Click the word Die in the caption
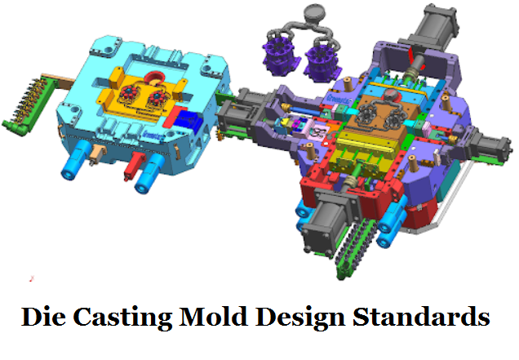(43, 317)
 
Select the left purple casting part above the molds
(278, 56)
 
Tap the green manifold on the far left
(24, 102)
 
